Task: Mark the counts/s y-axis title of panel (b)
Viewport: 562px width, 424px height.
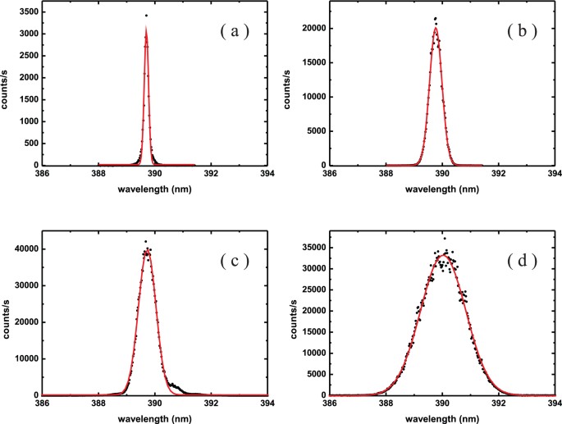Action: tap(293, 85)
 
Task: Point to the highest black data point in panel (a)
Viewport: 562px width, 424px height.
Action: tap(146, 16)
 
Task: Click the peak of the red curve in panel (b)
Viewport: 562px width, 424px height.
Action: tap(436, 29)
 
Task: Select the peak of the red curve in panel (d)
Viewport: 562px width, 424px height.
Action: tap(442, 254)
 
